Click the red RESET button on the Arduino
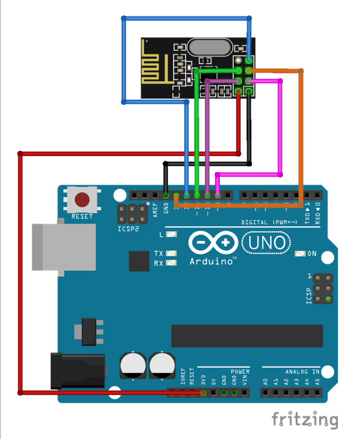82,200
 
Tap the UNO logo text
266,243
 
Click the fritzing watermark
305,419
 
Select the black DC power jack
77,371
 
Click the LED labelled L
171,234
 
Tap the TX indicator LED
171,254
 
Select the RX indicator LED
171,263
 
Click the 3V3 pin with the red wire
203,392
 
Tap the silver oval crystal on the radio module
208,47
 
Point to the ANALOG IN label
302,371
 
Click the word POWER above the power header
240,371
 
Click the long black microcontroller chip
247,336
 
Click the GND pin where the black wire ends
165,195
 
